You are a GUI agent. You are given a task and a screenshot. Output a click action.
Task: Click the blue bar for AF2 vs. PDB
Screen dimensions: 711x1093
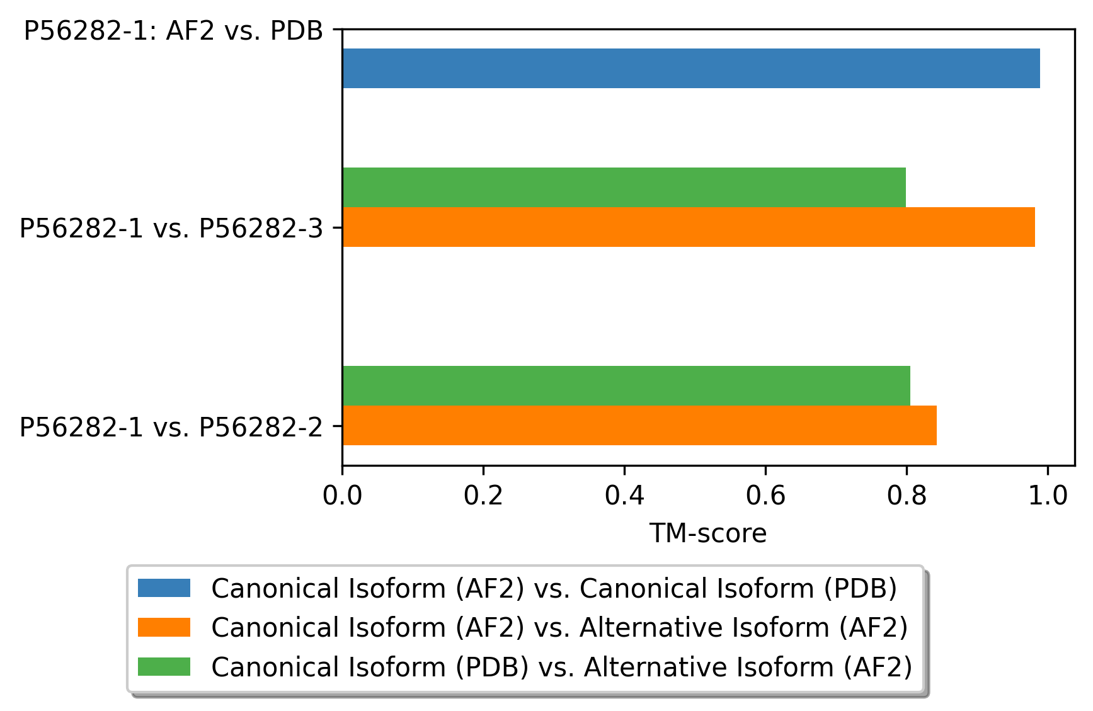[x=690, y=68]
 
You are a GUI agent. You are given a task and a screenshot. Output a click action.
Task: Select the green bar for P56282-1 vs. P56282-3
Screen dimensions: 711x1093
[x=624, y=187]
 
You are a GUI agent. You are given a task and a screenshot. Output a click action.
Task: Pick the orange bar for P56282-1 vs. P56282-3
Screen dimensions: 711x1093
[x=688, y=227]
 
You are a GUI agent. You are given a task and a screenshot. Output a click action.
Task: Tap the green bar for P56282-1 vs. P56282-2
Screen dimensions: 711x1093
[x=626, y=385]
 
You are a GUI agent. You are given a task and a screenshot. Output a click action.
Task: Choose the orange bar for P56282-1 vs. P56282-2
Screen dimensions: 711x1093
[x=639, y=425]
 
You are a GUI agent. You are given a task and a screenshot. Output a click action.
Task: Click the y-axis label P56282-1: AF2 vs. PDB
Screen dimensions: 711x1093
[x=173, y=31]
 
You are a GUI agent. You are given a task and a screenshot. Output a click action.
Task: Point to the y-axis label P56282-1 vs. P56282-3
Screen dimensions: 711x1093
[x=171, y=228]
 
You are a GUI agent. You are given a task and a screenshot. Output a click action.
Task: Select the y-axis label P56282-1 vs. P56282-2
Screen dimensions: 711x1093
[x=171, y=427]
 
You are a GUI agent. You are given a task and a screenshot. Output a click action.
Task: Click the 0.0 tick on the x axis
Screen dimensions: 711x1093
[x=342, y=496]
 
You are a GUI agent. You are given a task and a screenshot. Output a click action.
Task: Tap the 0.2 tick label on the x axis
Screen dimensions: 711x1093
[x=483, y=496]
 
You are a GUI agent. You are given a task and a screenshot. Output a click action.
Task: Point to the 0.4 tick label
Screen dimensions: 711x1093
[x=624, y=496]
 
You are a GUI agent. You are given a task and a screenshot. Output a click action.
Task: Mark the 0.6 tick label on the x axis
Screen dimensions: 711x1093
[x=765, y=496]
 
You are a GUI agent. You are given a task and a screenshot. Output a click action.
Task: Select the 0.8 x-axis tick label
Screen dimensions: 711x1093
[x=907, y=496]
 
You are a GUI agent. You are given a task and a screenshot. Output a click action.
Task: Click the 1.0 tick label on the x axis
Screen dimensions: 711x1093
[x=1048, y=496]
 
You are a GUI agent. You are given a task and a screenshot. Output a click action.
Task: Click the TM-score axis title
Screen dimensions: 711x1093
[x=708, y=533]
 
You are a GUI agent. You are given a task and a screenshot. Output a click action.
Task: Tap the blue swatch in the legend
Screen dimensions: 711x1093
[x=164, y=588]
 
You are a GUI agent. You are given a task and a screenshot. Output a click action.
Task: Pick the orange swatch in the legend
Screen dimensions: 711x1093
[x=164, y=627]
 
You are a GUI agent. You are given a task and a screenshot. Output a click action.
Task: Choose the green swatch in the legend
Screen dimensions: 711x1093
[x=164, y=666]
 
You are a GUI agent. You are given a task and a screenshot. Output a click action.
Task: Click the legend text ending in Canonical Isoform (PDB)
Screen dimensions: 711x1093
[x=554, y=588]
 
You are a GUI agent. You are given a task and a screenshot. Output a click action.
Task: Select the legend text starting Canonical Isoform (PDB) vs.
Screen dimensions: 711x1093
[x=561, y=666]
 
